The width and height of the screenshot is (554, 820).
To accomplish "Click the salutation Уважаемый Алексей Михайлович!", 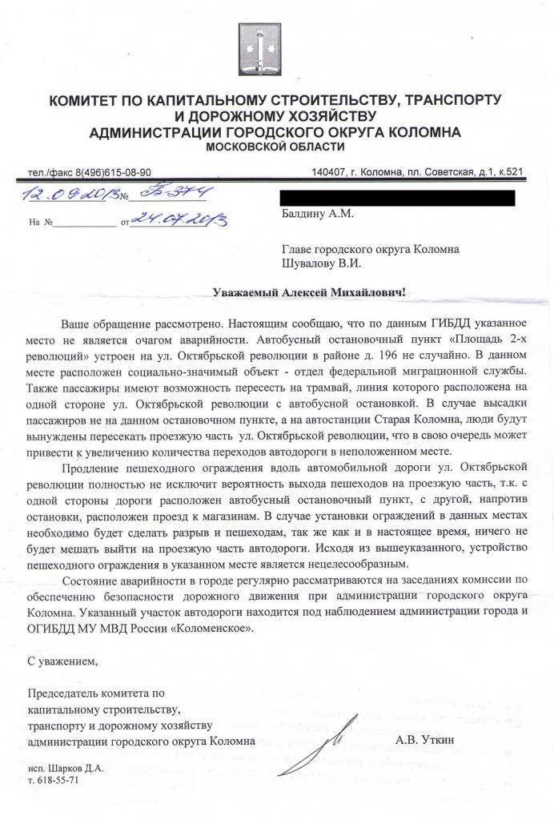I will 309,293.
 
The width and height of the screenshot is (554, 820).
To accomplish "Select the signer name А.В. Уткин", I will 424,741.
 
